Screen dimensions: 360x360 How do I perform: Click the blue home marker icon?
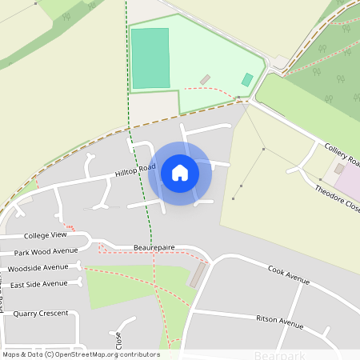pos(180,173)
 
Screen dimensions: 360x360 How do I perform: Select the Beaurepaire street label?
pos(154,248)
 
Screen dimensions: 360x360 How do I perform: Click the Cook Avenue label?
pos(288,275)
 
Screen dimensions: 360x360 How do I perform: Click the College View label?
pos(46,236)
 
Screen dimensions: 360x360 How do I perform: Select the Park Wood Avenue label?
pos(46,251)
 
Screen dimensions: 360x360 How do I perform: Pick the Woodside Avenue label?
pos(40,267)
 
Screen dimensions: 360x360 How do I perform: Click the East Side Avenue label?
pos(39,284)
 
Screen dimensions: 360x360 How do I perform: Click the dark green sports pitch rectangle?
pos(150,58)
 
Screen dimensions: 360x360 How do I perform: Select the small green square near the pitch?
pos(248,80)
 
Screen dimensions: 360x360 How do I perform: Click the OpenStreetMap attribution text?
pos(80,354)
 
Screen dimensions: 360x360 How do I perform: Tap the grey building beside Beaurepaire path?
pos(197,276)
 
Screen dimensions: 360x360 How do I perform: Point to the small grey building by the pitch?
pos(205,79)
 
